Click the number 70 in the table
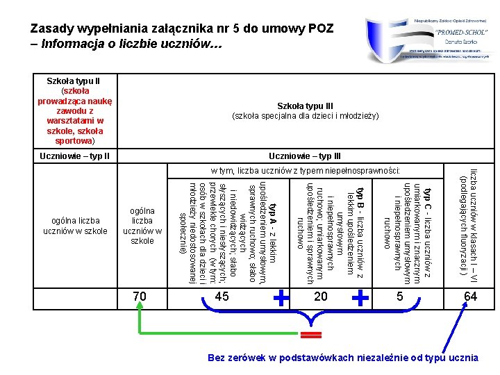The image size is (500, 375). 140,297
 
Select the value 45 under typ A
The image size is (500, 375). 222,297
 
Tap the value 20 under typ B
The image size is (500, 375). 320,297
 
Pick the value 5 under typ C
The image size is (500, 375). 399,297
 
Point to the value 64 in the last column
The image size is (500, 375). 470,297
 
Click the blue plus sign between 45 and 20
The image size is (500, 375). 281,299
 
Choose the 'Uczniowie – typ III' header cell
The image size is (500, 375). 305,156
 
